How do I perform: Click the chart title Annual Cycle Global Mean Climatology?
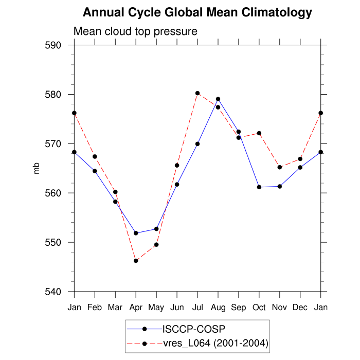tap(197, 12)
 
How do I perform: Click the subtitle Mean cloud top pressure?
tap(135, 31)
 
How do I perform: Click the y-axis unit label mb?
tap(37, 168)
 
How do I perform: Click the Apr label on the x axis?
tap(136, 307)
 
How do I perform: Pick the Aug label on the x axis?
tap(218, 307)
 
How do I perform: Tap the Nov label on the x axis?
tap(280, 307)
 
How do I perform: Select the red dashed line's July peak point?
tap(197, 93)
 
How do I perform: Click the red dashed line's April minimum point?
tap(136, 261)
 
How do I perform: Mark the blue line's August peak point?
tap(218, 99)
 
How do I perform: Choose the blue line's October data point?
tap(259, 187)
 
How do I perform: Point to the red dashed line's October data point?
tap(259, 133)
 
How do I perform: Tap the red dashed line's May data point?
tap(156, 245)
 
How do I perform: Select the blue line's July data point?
tap(197, 144)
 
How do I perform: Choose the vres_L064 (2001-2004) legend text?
tap(215, 343)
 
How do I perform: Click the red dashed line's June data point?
tap(177, 166)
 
